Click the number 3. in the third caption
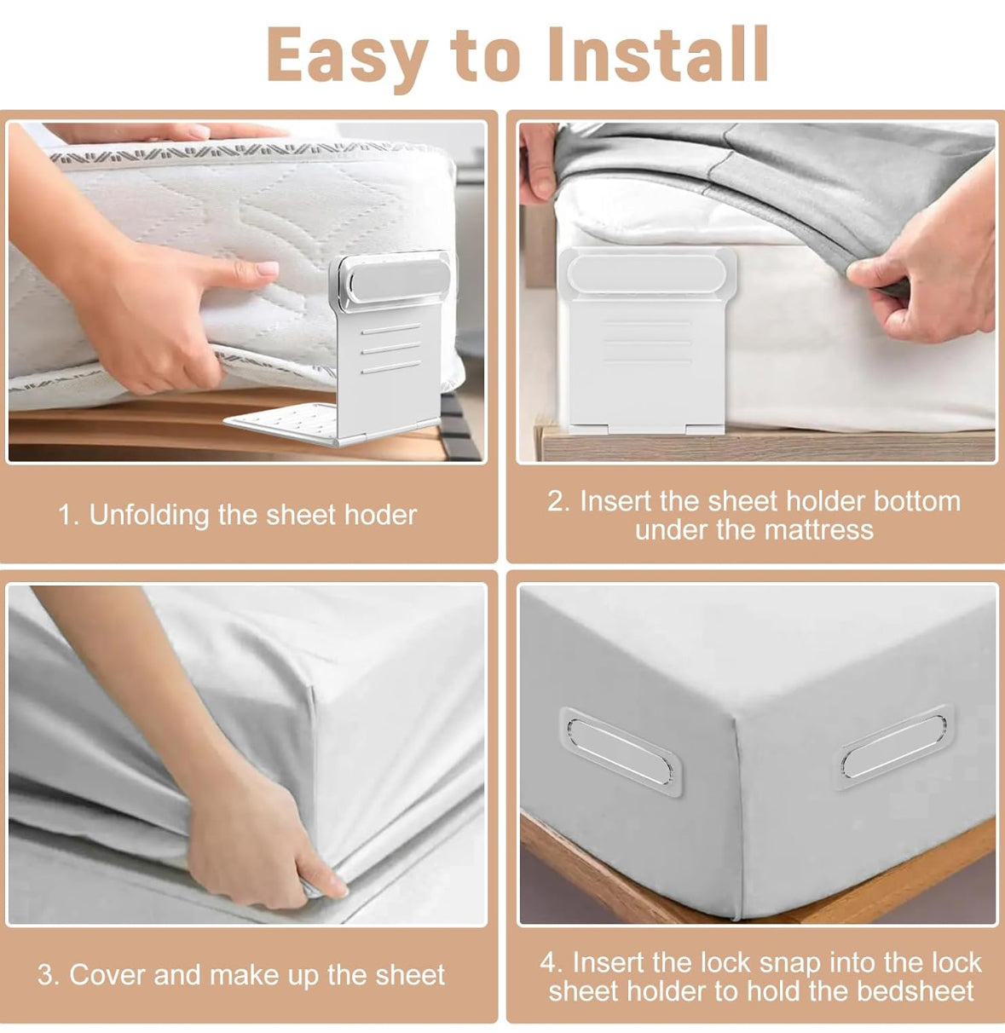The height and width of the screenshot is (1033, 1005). click(x=49, y=975)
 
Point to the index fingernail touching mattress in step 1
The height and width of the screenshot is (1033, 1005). click(x=267, y=268)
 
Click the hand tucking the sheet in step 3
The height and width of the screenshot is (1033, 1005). click(x=256, y=844)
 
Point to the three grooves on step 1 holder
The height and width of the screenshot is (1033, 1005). click(x=390, y=349)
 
